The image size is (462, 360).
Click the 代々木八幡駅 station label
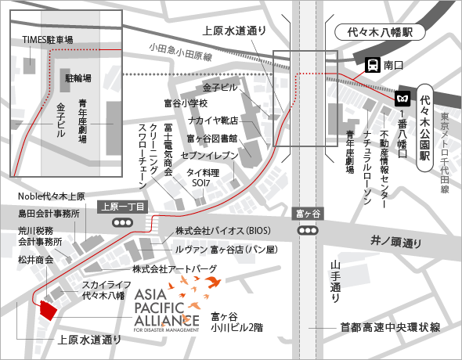point(379,33)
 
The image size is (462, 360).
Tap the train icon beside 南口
point(371,66)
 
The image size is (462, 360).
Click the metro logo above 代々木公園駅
point(403,100)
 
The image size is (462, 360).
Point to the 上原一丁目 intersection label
point(121,207)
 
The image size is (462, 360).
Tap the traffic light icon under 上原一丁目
point(122,222)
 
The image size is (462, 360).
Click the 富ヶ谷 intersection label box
point(307,214)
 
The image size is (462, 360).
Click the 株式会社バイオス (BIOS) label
point(222,232)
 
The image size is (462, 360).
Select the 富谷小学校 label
point(186,103)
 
